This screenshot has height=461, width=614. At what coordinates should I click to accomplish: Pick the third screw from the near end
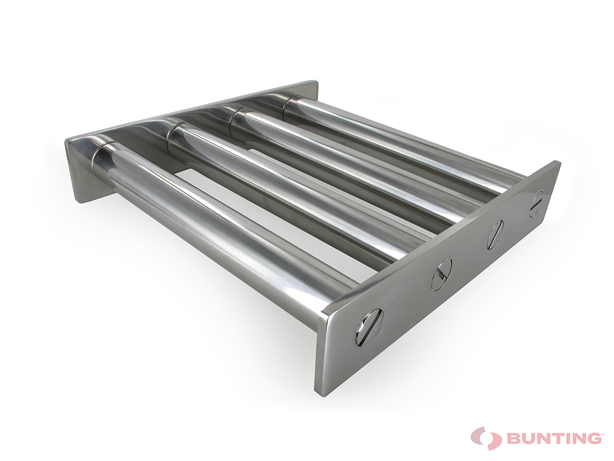[495, 235]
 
